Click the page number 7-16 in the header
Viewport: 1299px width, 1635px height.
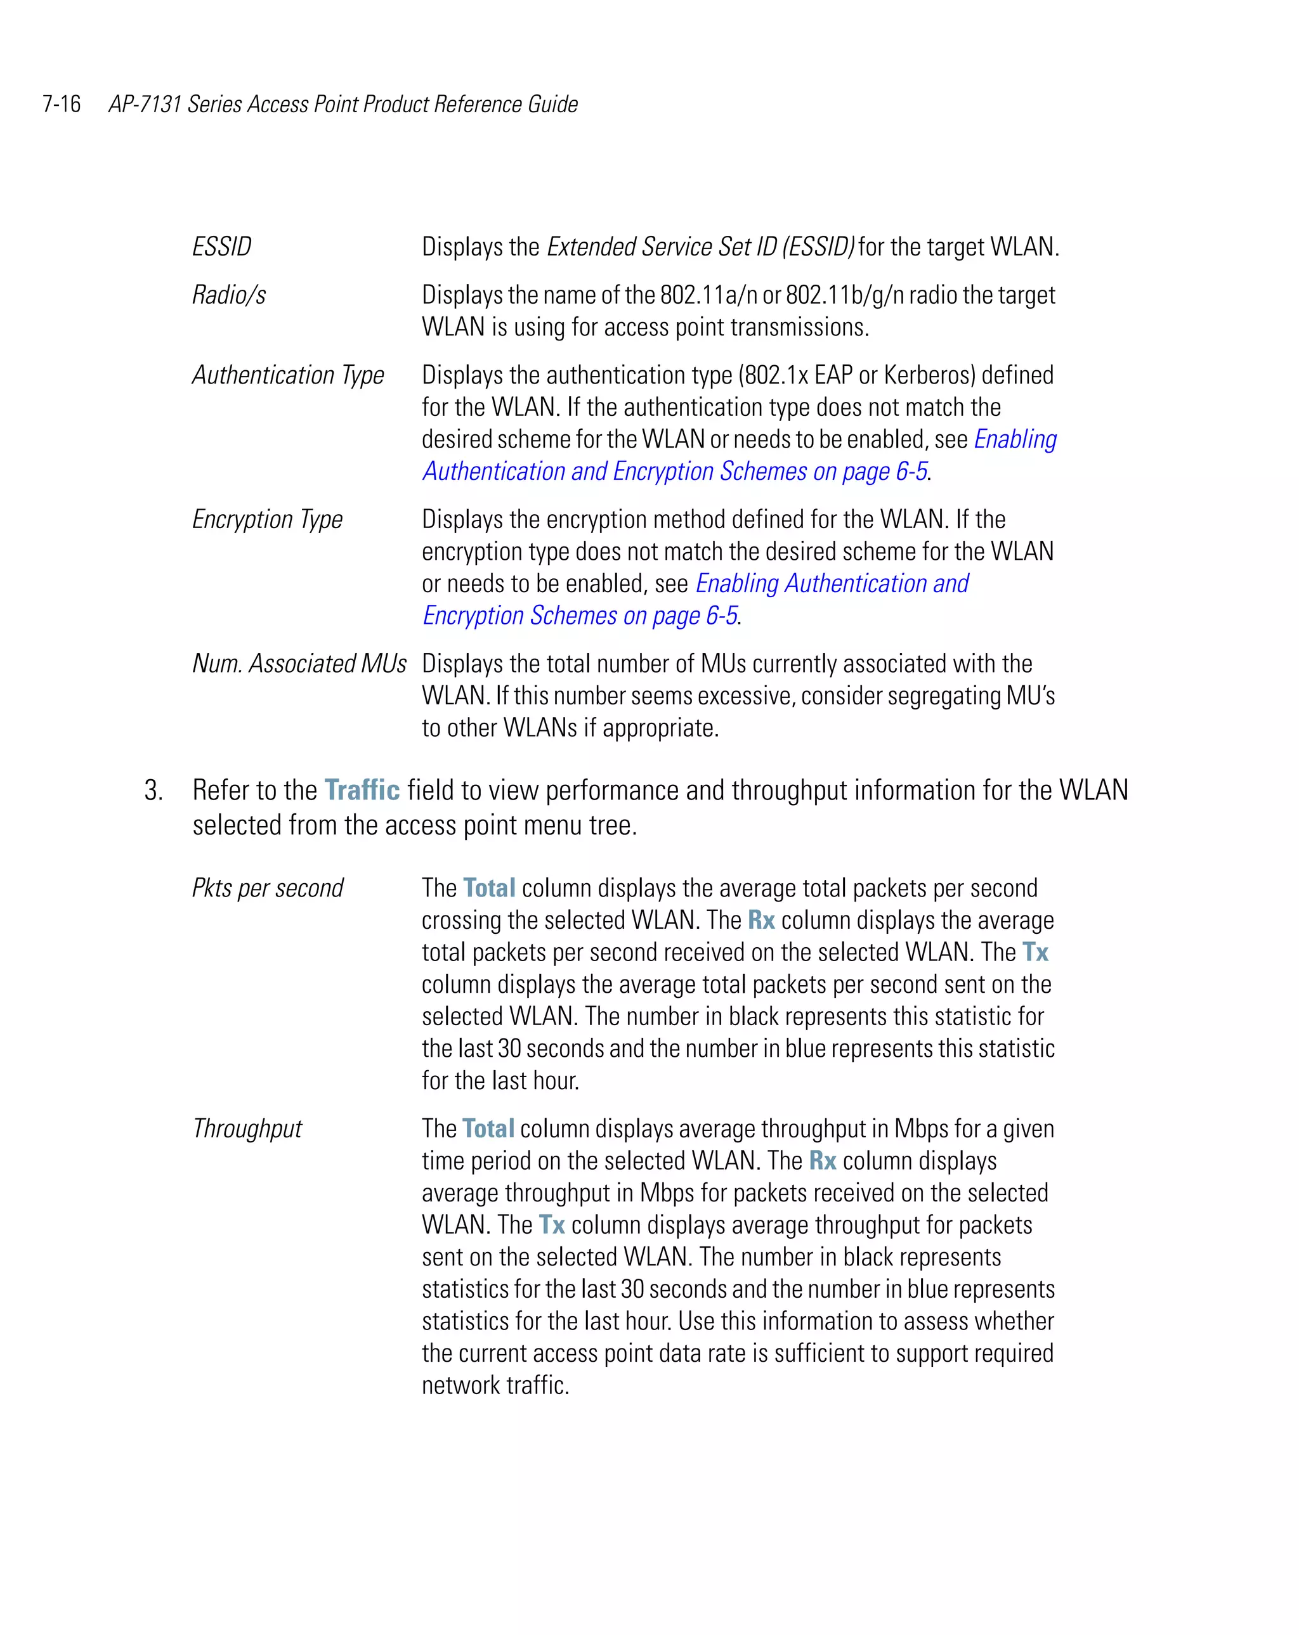pyautogui.click(x=62, y=104)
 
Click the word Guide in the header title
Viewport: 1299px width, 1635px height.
pyautogui.click(x=552, y=104)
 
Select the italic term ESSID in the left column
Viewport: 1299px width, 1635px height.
pyautogui.click(x=221, y=247)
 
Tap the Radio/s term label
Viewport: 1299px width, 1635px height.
pyautogui.click(x=229, y=295)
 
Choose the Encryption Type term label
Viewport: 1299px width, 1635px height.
pyautogui.click(x=267, y=519)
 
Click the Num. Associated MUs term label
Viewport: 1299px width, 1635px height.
pyautogui.click(x=299, y=664)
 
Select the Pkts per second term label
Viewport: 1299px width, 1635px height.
pyautogui.click(x=267, y=888)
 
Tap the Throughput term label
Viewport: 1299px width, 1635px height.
pyautogui.click(x=247, y=1128)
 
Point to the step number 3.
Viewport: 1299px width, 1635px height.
pyautogui.click(x=153, y=790)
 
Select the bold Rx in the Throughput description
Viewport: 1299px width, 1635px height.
pyautogui.click(x=823, y=1161)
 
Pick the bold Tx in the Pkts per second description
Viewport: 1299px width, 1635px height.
pyautogui.click(x=1035, y=952)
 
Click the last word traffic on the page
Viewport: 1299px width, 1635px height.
pyautogui.click(x=537, y=1385)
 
